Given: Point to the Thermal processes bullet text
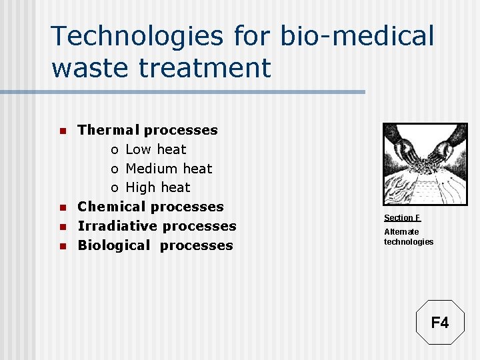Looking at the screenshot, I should click(x=147, y=130).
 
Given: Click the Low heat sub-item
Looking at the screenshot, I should click(x=156, y=149).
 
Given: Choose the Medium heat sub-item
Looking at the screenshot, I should click(x=169, y=169).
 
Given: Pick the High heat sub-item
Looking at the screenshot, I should click(x=158, y=187).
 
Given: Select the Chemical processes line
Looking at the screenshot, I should click(x=151, y=207).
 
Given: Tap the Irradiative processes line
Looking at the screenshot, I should click(x=157, y=226).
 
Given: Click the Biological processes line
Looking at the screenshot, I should click(x=155, y=245).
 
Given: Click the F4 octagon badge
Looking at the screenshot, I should click(x=440, y=323).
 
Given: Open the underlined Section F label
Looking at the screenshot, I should click(x=402, y=218).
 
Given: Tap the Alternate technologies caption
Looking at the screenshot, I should click(x=408, y=237).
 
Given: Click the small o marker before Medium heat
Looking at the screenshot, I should click(x=115, y=169).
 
